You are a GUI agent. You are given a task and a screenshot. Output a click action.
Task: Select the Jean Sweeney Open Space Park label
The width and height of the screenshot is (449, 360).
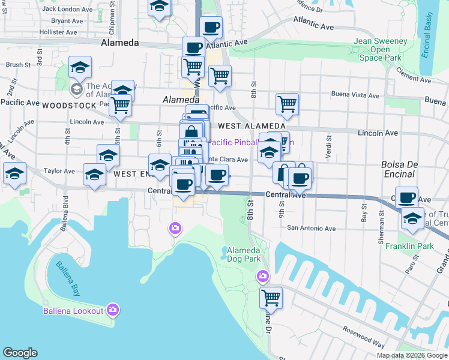[x=380, y=50]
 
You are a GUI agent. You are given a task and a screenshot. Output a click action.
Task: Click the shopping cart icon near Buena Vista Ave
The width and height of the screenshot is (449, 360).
[x=287, y=103]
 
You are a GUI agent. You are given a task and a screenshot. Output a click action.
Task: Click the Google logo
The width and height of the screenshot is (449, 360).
[x=20, y=353]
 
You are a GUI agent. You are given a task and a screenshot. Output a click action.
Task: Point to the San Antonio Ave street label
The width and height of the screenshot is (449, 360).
[x=311, y=228]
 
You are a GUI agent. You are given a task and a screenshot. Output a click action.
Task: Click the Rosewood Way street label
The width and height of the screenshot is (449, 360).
[x=363, y=337]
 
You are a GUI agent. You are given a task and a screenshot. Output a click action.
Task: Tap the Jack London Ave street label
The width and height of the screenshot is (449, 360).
[x=66, y=9]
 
